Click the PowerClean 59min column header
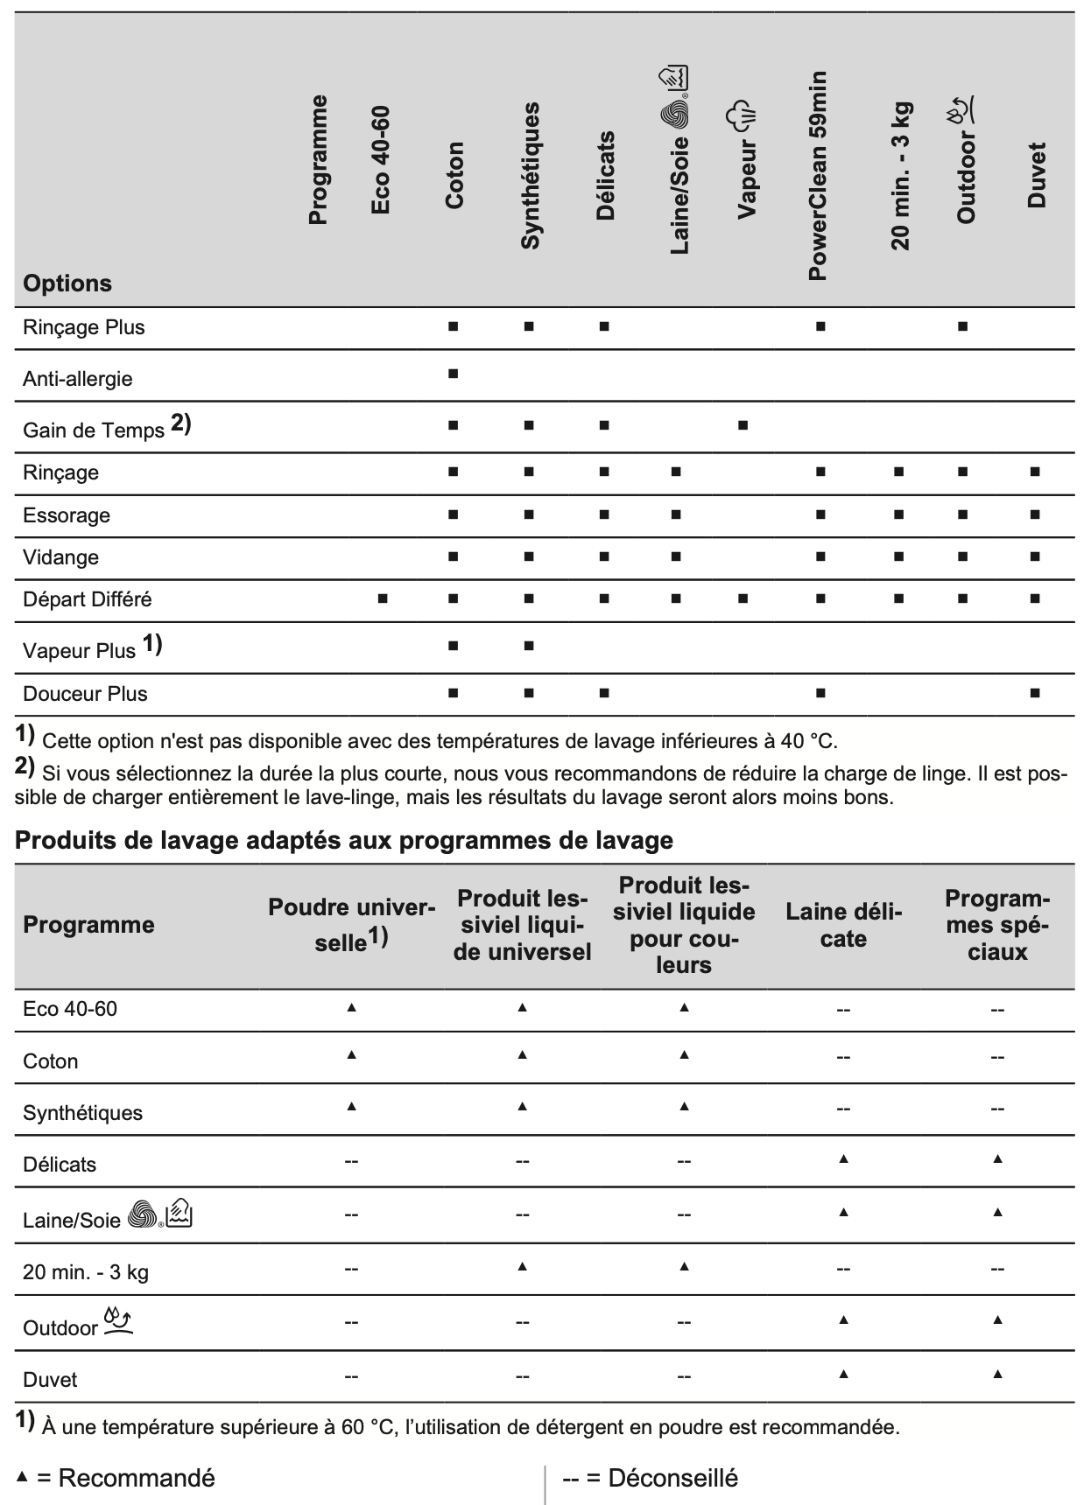pos(817,175)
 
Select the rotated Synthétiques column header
pos(530,175)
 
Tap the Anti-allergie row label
pos(77,379)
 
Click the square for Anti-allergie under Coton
pos(453,374)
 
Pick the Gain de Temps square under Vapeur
pos(743,425)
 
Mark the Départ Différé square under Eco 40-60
pos(383,598)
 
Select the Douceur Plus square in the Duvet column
pos(1035,693)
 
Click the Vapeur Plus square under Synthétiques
pos(529,646)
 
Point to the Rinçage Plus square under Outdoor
pos(962,326)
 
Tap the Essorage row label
pos(67,515)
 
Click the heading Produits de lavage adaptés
pos(344,840)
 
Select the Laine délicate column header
pos(843,925)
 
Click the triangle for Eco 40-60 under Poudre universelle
pos(351,1008)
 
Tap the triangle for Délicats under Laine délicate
pos(843,1158)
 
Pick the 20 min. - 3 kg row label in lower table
pos(86,1271)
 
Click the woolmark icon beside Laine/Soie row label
pos(143,1214)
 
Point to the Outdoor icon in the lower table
pos(118,1321)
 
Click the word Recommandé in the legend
pos(136,1478)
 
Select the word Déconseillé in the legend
pos(672,1478)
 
